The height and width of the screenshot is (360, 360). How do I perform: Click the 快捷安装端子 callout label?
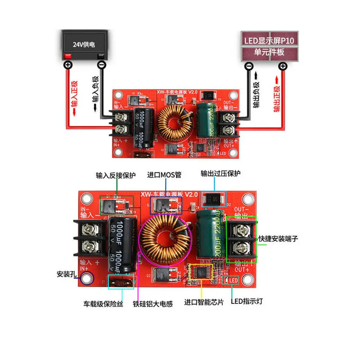point(279,238)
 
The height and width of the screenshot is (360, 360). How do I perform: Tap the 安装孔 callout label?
point(67,273)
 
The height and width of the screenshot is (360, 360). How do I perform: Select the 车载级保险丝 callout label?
point(103,304)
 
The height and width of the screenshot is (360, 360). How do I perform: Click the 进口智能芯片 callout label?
point(204,302)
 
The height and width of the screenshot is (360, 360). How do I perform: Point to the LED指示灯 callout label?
point(247,301)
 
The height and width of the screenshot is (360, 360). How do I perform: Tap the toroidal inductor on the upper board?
point(174,121)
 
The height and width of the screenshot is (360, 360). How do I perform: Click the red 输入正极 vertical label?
point(74,97)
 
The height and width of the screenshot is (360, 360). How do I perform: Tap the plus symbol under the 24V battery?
point(68,65)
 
